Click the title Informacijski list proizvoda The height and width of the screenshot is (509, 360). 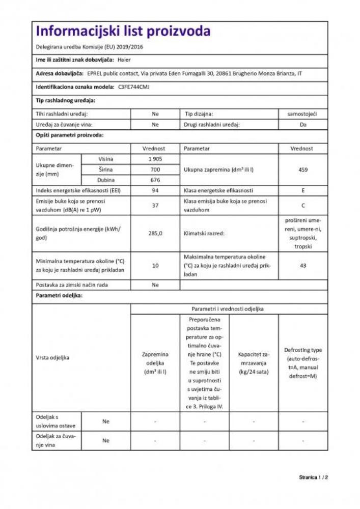coord(123,32)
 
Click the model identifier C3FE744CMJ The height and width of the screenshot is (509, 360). coord(133,87)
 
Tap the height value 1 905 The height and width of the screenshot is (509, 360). coord(155,159)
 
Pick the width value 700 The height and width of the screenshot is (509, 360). coord(155,169)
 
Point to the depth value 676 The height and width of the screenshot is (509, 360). coord(155,180)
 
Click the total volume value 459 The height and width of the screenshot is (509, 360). coord(303,169)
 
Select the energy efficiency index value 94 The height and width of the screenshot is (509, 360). coord(155,190)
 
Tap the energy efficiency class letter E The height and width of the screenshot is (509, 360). coord(303,190)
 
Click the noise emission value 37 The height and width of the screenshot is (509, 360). coord(155,206)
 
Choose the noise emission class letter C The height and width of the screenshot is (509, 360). coord(303,206)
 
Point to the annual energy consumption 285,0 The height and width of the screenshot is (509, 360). coord(155,234)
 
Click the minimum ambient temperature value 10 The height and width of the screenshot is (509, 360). coord(155,265)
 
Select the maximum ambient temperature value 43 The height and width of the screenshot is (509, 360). coord(303,265)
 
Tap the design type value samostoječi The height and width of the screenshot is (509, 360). coord(303,115)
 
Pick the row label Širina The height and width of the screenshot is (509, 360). coord(106,169)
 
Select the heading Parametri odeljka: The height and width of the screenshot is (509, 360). coord(59,295)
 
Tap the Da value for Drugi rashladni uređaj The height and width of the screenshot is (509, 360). coord(303,124)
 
